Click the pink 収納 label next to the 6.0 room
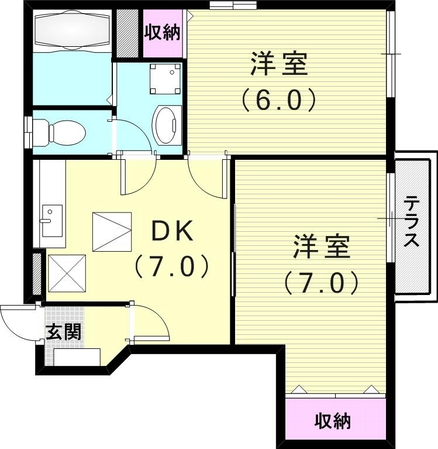coord(163,33)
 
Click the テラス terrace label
coord(412,223)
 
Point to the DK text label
coord(172,232)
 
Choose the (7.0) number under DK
coord(171,267)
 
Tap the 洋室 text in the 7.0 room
coord(321,247)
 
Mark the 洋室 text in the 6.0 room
coord(279,64)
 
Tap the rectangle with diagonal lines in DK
coord(112,232)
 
